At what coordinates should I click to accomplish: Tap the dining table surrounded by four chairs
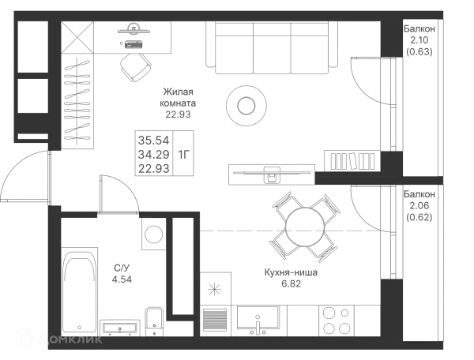[303, 229]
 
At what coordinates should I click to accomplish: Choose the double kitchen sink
[261, 319]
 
